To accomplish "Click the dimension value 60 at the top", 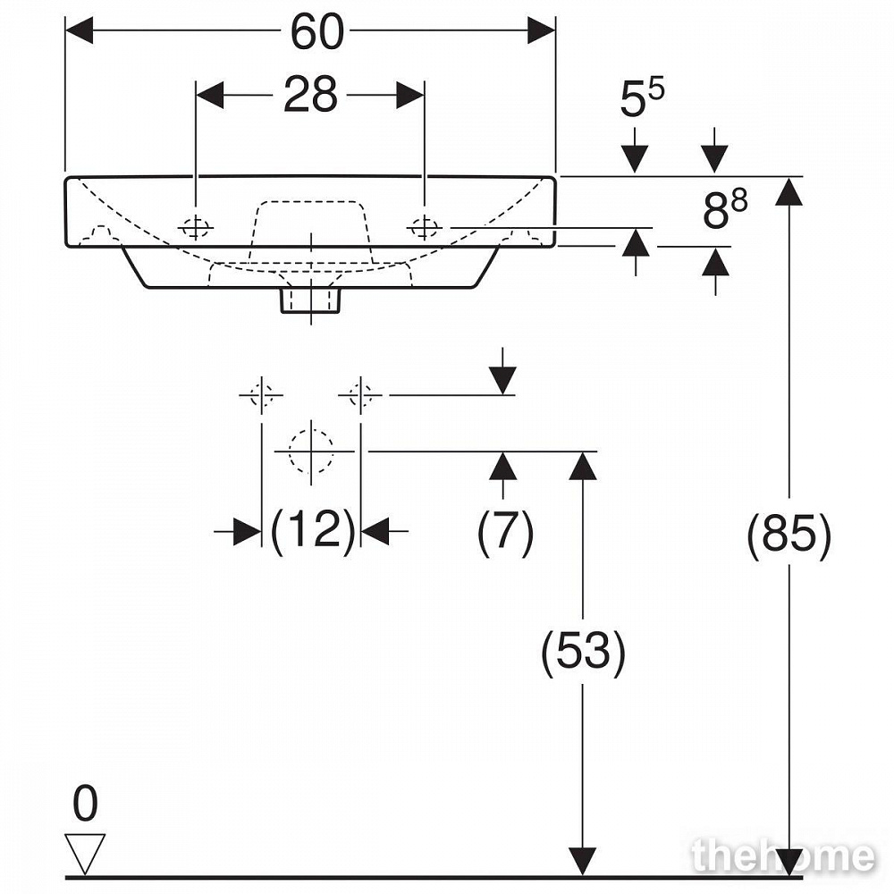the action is [x=317, y=32].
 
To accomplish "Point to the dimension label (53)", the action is [x=583, y=651].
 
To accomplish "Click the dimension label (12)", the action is [x=312, y=530].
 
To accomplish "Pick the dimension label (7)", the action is [x=505, y=531].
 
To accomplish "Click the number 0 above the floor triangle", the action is [x=86, y=803].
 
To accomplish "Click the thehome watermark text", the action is [x=783, y=856].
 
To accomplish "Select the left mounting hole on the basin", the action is [x=196, y=228].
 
